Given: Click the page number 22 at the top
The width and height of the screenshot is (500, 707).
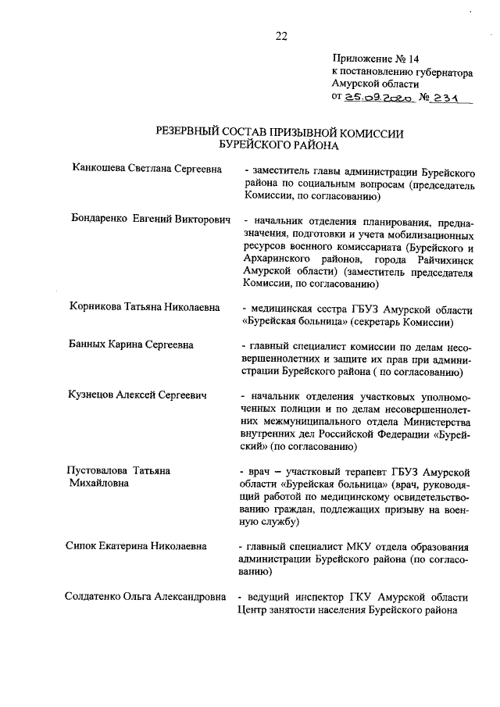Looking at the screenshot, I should (281, 34).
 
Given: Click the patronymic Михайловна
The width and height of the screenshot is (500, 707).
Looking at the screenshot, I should (100, 484).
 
